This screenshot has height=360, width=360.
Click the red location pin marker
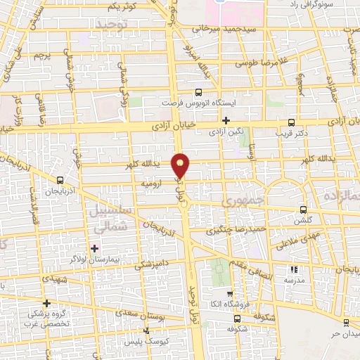click(x=181, y=165)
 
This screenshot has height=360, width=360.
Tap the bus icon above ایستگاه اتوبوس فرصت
click(x=198, y=91)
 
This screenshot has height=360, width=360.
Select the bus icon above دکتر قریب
click(x=292, y=122)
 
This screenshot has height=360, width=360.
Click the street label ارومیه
click(x=152, y=184)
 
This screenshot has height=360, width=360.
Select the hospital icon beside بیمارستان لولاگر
click(x=94, y=248)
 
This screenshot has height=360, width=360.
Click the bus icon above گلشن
click(x=303, y=209)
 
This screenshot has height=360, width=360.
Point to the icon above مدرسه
click(x=294, y=269)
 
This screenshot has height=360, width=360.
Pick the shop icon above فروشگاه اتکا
click(x=229, y=293)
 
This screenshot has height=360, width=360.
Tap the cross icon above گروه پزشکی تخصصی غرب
click(x=46, y=302)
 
